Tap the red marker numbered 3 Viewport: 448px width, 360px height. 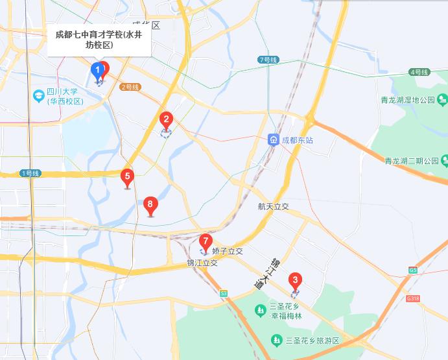click(296, 282)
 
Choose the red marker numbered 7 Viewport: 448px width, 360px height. click(206, 242)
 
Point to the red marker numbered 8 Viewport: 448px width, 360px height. click(150, 206)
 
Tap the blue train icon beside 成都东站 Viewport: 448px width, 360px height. click(274, 140)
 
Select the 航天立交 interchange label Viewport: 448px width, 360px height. click(273, 206)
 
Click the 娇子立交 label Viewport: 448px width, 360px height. click(227, 251)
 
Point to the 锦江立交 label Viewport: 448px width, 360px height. click(202, 263)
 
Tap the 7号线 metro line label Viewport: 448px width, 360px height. click(268, 60)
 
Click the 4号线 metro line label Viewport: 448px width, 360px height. click(419, 71)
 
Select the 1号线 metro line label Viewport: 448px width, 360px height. click(30, 173)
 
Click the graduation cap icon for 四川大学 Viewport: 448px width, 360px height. click(39, 96)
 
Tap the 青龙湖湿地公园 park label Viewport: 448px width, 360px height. click(408, 101)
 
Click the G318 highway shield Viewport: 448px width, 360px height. click(412, 298)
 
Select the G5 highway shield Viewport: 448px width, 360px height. click(413, 270)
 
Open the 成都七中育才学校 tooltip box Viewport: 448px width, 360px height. click(99, 40)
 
